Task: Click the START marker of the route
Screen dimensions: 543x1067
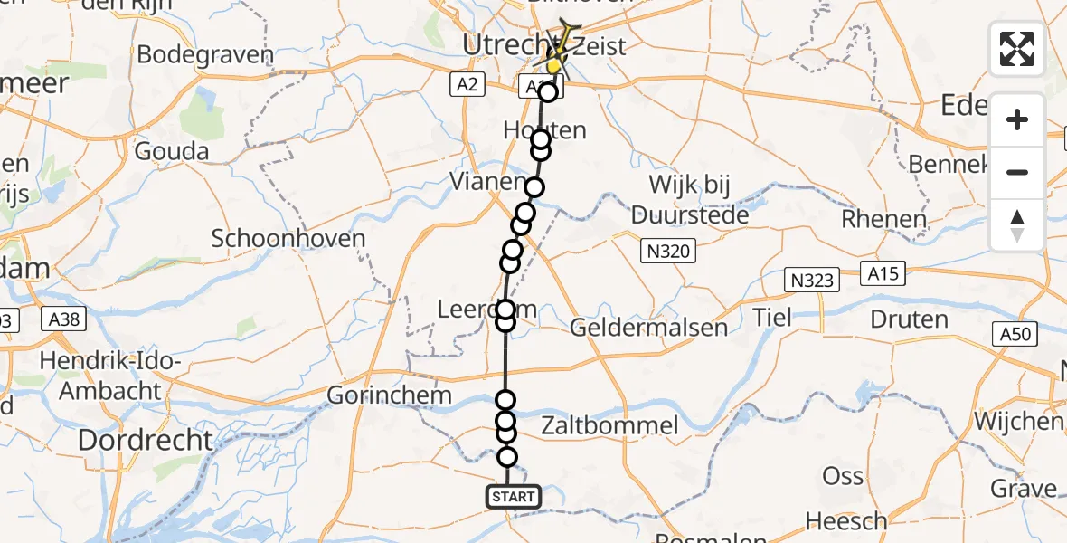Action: pos(514,496)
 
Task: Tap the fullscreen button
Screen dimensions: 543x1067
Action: pos(1017,49)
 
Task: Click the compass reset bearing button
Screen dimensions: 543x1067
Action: pos(1017,224)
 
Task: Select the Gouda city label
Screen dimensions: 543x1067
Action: pos(172,151)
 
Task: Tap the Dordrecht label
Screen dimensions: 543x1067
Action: pos(146,441)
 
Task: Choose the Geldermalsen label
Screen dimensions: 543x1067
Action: pos(649,327)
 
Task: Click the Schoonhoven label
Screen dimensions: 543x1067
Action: pos(288,239)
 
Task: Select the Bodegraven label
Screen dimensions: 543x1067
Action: pos(205,54)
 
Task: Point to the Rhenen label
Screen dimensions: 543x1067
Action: pos(883,219)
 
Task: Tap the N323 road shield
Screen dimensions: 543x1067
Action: pos(810,279)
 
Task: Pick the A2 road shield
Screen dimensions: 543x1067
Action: pos(467,84)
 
